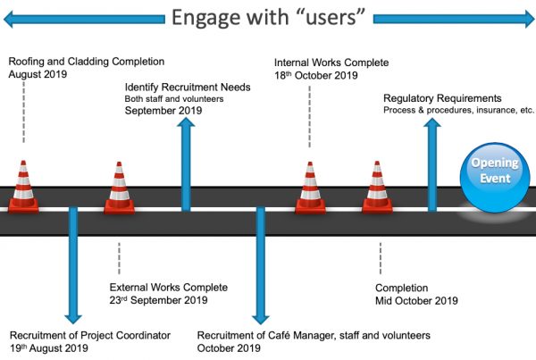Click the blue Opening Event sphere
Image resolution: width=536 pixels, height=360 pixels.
point(495,177)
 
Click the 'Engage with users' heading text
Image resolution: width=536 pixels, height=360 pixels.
point(268,17)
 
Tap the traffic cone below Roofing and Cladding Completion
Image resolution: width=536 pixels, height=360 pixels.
point(23,187)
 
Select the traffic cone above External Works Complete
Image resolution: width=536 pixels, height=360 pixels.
point(119,188)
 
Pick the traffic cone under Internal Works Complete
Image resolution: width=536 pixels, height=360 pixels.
point(310,188)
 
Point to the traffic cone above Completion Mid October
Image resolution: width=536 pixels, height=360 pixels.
point(377,188)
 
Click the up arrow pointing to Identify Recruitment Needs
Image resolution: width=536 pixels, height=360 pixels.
point(186,164)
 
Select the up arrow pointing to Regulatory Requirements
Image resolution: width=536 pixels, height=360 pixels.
point(432,164)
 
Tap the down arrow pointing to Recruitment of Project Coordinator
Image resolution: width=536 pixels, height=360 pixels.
point(73,265)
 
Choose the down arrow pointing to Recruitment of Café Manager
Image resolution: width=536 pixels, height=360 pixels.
point(261,265)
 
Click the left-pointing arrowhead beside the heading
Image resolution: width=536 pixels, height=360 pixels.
point(8,19)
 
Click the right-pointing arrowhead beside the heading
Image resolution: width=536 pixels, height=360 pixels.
point(530,19)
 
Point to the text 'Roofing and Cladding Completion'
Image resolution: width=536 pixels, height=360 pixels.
point(87,62)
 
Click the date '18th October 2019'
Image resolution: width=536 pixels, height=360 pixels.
point(316,75)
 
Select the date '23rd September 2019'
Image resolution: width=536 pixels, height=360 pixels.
point(158,300)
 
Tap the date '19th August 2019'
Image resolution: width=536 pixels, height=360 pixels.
point(49,348)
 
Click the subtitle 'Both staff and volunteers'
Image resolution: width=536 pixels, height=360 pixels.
point(174,99)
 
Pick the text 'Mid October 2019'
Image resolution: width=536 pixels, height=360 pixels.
point(416,300)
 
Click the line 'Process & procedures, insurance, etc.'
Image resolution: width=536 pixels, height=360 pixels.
point(458,110)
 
